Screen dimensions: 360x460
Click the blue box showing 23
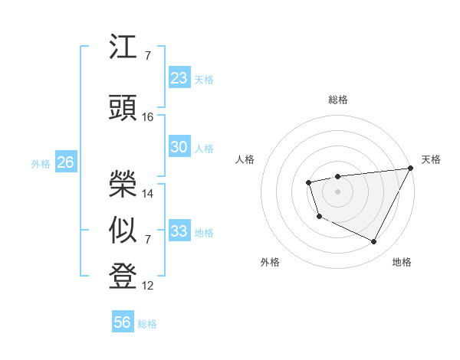[179, 78]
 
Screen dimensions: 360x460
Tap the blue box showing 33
[179, 231]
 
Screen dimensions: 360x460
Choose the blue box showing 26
[65, 162]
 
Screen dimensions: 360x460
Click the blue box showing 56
[123, 322]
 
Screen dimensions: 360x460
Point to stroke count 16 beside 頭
[148, 117]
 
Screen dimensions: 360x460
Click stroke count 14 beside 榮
[148, 194]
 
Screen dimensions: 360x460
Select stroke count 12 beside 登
[148, 286]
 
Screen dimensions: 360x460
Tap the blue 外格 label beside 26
[41, 163]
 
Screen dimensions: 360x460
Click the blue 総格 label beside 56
[147, 324]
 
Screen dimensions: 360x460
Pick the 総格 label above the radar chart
[337, 100]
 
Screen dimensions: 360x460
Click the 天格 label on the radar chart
[431, 159]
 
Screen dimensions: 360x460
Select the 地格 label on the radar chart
[402, 263]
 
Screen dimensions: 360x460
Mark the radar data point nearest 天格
[410, 168]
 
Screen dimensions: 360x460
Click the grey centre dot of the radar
[337, 191]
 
